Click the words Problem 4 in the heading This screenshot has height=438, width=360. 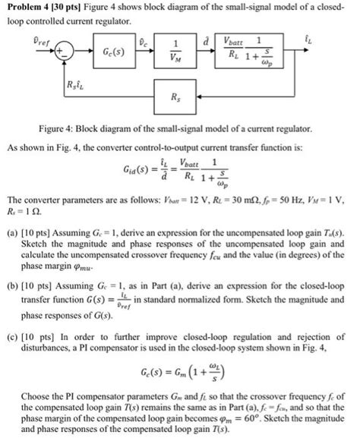coord(30,8)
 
